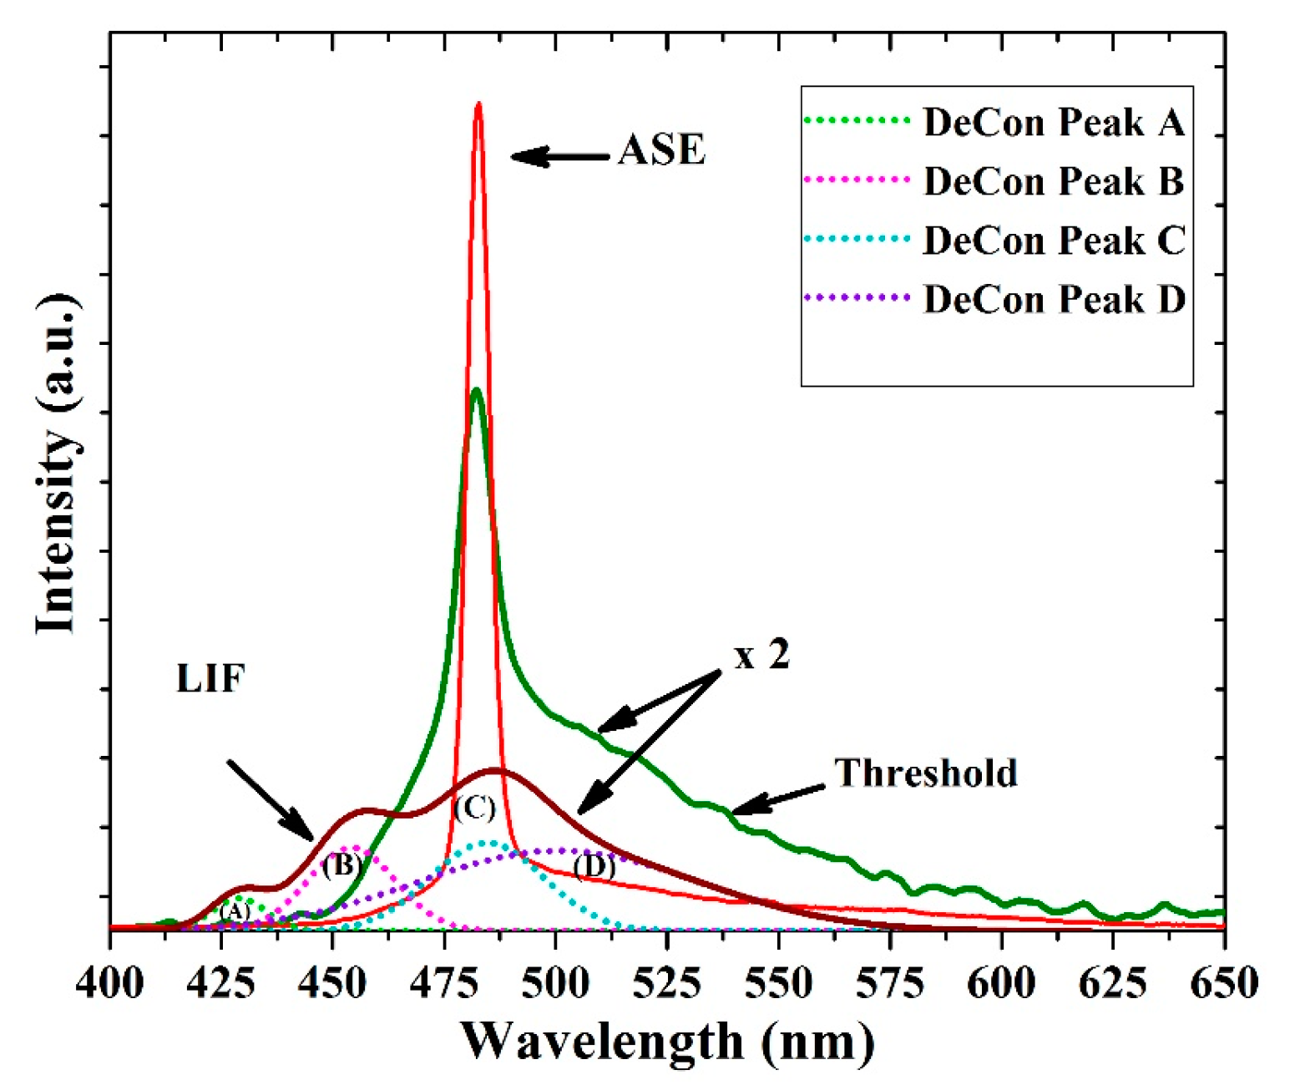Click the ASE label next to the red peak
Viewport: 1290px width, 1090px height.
(661, 151)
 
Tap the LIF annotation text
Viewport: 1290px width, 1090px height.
(210, 678)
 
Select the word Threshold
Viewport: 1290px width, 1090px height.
(926, 773)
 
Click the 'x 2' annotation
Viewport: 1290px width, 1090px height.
(761, 656)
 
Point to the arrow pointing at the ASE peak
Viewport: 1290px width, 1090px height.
(559, 156)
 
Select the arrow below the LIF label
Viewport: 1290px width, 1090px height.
(270, 798)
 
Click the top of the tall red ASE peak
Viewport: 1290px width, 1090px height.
(478, 105)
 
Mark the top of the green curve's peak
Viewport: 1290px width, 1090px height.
(476, 391)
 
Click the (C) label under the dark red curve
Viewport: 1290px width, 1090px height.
(475, 808)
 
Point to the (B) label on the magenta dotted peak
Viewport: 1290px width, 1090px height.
(341, 865)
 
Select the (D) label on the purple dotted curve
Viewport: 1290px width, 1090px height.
(594, 866)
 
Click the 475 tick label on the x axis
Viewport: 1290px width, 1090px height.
(444, 983)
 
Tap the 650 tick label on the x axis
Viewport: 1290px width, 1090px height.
(1224, 983)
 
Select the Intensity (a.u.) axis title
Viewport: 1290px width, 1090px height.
(57, 464)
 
